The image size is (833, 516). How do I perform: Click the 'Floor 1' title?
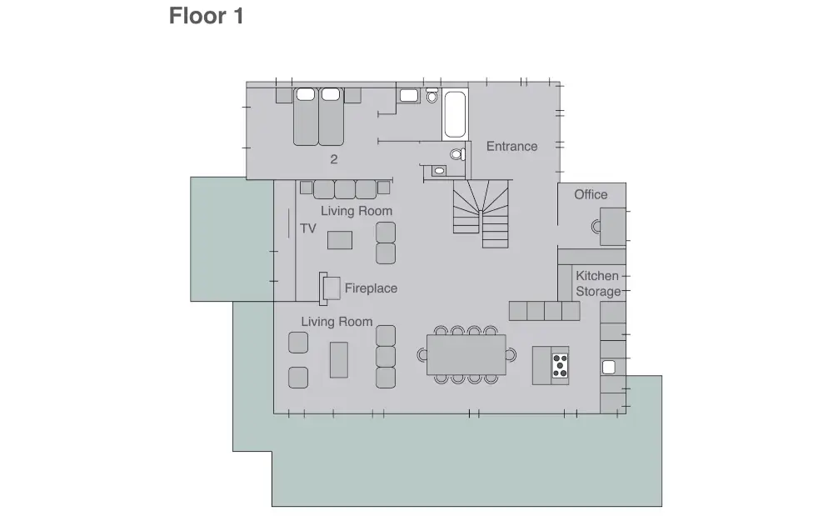[x=206, y=16]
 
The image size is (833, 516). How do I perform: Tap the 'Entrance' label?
[x=511, y=146]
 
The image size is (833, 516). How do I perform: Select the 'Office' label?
[x=591, y=194]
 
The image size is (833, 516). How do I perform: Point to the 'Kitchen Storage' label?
[x=598, y=283]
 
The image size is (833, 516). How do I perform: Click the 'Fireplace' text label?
[x=371, y=288]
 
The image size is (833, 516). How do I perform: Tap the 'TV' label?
[x=307, y=228]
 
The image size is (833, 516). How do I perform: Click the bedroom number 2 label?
[x=334, y=159]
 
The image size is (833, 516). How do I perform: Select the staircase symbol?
[x=481, y=213]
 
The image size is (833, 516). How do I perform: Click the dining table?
[x=466, y=354]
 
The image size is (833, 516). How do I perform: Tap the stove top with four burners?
[x=560, y=366]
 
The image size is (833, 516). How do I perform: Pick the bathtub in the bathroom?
[x=455, y=114]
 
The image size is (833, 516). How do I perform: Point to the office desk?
[x=612, y=227]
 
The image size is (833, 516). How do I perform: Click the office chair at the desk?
[x=596, y=227]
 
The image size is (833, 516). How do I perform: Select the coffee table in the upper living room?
[x=340, y=240]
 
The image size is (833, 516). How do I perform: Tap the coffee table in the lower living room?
[x=339, y=360]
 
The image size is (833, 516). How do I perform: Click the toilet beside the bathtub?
[x=431, y=95]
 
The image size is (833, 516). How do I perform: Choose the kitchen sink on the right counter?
[x=608, y=367]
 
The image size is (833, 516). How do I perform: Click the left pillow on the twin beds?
[x=306, y=94]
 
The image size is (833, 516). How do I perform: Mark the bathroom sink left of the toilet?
[x=409, y=96]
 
